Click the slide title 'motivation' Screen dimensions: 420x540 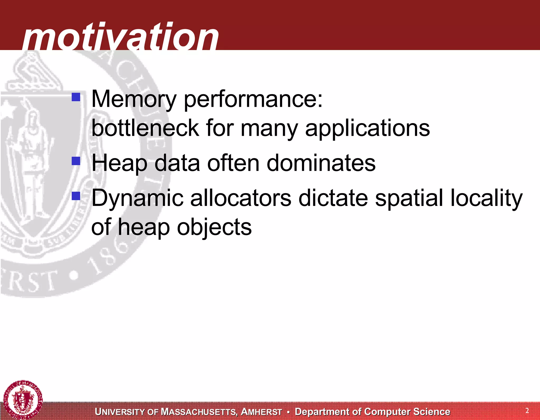pyautogui.click(x=120, y=37)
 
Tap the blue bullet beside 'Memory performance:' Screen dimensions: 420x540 pyautogui.click(x=76, y=97)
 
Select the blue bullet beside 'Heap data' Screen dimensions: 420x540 pyautogui.click(x=76, y=161)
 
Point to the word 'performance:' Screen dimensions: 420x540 pyautogui.click(x=253, y=100)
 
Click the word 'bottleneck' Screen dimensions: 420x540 pyautogui.click(x=145, y=128)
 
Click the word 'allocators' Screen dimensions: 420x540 pyautogui.click(x=241, y=198)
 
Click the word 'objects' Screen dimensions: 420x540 pyautogui.click(x=214, y=228)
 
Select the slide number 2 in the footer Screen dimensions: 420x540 pyautogui.click(x=527, y=411)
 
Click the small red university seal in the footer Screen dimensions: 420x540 pyautogui.click(x=23, y=400)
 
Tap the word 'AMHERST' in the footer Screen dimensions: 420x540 pyautogui.click(x=262, y=412)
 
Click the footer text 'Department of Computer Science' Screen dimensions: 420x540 pyautogui.click(x=372, y=412)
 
